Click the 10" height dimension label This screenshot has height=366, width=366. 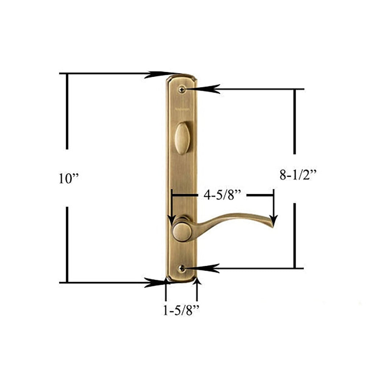[x=69, y=178]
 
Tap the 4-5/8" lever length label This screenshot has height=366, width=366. [x=222, y=195]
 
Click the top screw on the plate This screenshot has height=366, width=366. [x=182, y=89]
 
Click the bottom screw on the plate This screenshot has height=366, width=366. [x=182, y=269]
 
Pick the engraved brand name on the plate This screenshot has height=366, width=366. [x=182, y=109]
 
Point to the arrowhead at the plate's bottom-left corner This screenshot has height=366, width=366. [x=156, y=283]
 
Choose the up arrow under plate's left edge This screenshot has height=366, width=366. [x=166, y=283]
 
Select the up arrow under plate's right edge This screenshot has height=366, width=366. [x=197, y=283]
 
